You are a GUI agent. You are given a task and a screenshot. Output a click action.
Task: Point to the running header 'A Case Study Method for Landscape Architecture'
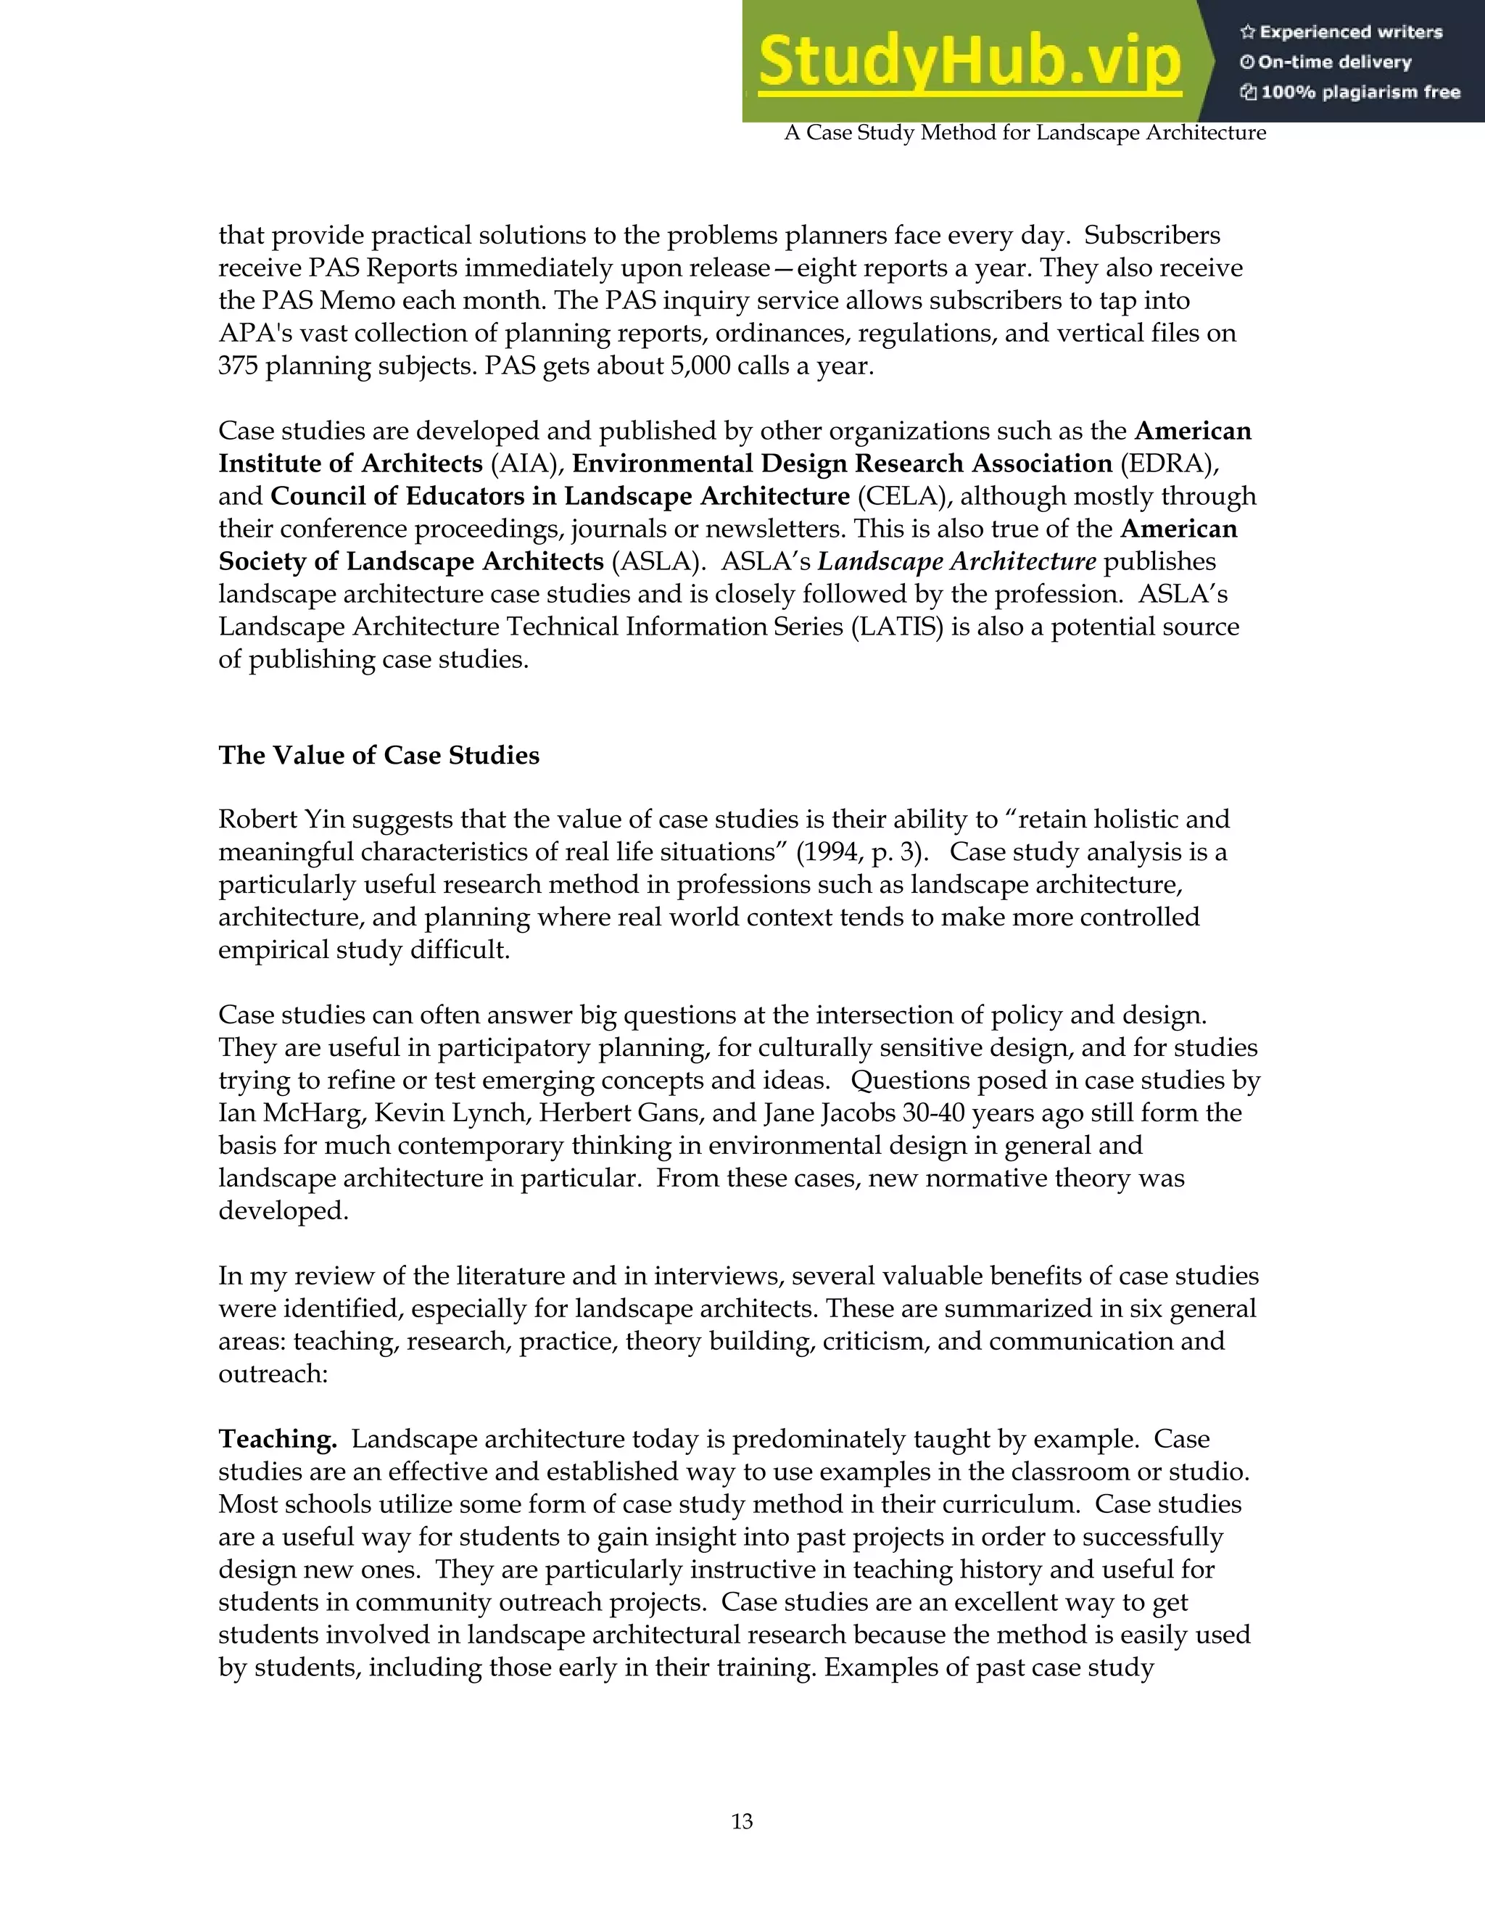click(x=1025, y=133)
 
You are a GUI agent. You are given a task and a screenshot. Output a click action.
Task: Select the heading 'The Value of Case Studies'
click(x=379, y=755)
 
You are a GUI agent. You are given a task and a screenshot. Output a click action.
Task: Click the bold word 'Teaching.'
click(x=278, y=1439)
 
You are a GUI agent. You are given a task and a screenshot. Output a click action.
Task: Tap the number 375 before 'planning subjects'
click(x=239, y=366)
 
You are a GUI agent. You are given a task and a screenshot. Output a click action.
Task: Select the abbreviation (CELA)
click(x=904, y=496)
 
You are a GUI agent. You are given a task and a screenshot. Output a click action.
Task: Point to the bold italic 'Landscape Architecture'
click(x=957, y=561)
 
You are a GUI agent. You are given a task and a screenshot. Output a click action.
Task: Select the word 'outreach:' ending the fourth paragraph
click(x=273, y=1374)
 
